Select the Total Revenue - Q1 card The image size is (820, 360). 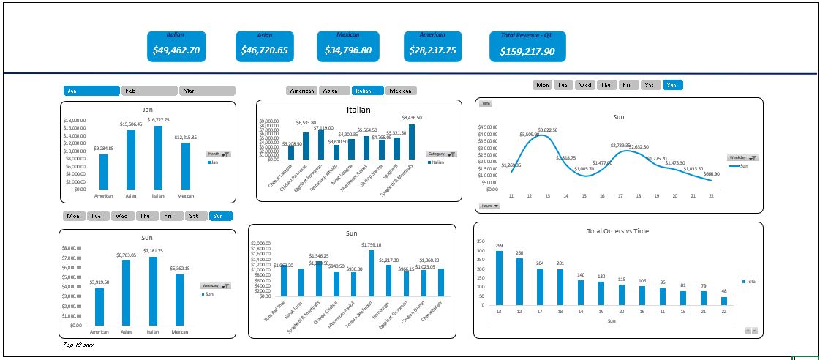(x=527, y=46)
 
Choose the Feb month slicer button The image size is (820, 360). (x=149, y=91)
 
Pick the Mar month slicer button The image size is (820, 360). (x=207, y=91)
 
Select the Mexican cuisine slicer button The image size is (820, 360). (x=401, y=91)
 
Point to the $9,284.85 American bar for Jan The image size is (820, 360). (x=103, y=172)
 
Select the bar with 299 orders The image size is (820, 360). (x=499, y=278)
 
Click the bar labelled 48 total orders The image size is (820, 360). (x=724, y=301)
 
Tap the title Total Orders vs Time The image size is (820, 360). (x=618, y=231)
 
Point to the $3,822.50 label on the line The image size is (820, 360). (x=548, y=130)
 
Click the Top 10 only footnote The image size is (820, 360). (x=78, y=345)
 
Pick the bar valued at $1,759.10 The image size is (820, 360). (x=372, y=273)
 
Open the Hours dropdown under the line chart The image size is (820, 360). (x=490, y=206)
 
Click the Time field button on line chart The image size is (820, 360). (x=486, y=104)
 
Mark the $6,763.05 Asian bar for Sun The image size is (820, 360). (x=126, y=293)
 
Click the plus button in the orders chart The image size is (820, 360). (x=748, y=331)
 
